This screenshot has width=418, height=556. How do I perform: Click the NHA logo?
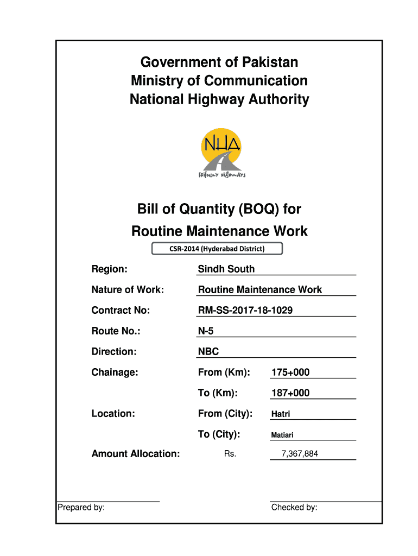(220, 153)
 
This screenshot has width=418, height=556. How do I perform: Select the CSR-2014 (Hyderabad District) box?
(217, 249)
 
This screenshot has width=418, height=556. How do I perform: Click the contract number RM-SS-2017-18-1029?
(249, 311)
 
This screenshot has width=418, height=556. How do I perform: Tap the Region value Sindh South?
(226, 269)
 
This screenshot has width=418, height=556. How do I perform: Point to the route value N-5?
(206, 331)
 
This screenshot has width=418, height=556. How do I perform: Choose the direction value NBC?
(208, 352)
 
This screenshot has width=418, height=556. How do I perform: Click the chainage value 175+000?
(290, 372)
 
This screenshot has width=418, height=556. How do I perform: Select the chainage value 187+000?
(290, 393)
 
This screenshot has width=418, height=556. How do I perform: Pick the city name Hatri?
(281, 414)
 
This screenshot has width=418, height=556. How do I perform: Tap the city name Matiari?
(282, 435)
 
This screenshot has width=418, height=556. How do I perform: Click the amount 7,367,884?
(300, 454)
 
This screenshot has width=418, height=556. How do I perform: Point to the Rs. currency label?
(230, 454)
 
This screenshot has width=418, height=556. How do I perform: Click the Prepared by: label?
(81, 508)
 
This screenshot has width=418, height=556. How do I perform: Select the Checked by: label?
(294, 508)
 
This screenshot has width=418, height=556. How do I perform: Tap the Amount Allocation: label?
(136, 454)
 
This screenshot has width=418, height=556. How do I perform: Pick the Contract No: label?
(121, 311)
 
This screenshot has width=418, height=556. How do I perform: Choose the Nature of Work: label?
(128, 290)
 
